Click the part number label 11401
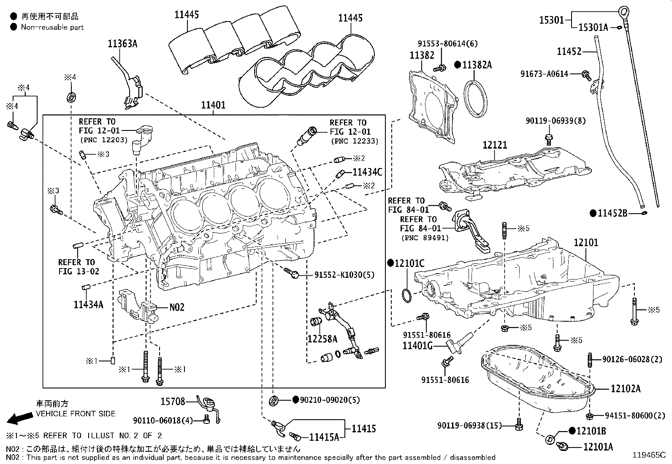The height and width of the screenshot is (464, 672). pos(213,106)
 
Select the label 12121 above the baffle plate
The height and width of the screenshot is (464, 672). pos(495,145)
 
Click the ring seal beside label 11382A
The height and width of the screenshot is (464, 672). pos(475,98)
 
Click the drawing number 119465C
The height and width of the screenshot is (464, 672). pos(648,455)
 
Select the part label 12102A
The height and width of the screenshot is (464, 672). pos(625,388)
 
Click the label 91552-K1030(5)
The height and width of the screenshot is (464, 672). pos(344,275)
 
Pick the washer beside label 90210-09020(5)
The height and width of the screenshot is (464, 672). pos(274,400)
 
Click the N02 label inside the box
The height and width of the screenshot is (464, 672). pos(177,307)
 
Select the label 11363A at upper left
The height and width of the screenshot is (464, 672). pos(122,43)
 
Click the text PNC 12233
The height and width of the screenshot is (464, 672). pos(355,141)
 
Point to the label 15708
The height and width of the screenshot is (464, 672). pos(173,401)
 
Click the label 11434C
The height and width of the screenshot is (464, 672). pos(367,172)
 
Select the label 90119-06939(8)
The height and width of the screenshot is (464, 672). pos(555,121)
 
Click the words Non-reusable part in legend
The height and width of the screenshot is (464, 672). pos(52,27)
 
